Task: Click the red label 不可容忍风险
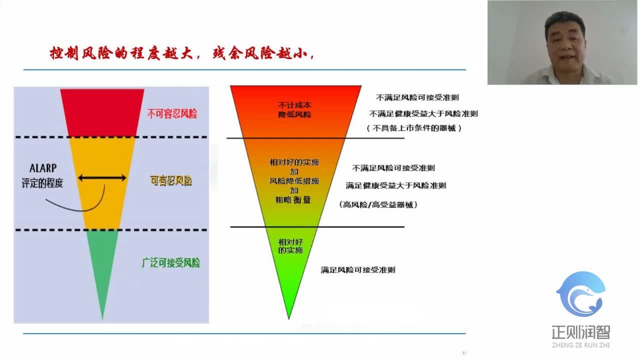(x=172, y=114)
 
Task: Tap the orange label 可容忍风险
(x=171, y=180)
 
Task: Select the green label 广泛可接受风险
(x=171, y=262)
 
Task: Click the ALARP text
(x=43, y=168)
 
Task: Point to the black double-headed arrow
(x=102, y=177)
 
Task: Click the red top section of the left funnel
(x=102, y=111)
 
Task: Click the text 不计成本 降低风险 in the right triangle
(x=294, y=109)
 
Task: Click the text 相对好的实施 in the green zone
(x=290, y=245)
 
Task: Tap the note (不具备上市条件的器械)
(x=414, y=128)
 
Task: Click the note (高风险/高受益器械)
(x=378, y=204)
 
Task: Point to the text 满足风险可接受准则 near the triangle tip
(x=358, y=269)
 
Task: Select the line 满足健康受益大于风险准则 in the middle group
(x=396, y=185)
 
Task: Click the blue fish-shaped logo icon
(x=581, y=294)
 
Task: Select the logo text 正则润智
(x=580, y=332)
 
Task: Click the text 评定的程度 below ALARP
(x=42, y=183)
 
